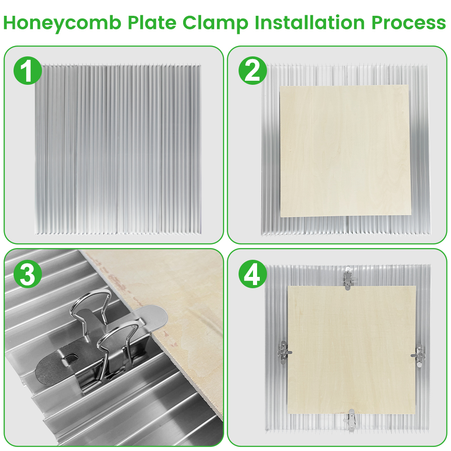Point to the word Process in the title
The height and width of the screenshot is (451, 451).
(x=409, y=23)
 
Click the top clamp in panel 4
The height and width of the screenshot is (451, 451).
(x=348, y=277)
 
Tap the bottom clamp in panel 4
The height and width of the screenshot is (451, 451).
(x=350, y=419)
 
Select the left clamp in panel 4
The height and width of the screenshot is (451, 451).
(x=283, y=352)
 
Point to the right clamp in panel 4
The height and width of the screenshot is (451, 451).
(x=419, y=354)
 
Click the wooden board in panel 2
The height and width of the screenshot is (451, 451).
(x=345, y=150)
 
